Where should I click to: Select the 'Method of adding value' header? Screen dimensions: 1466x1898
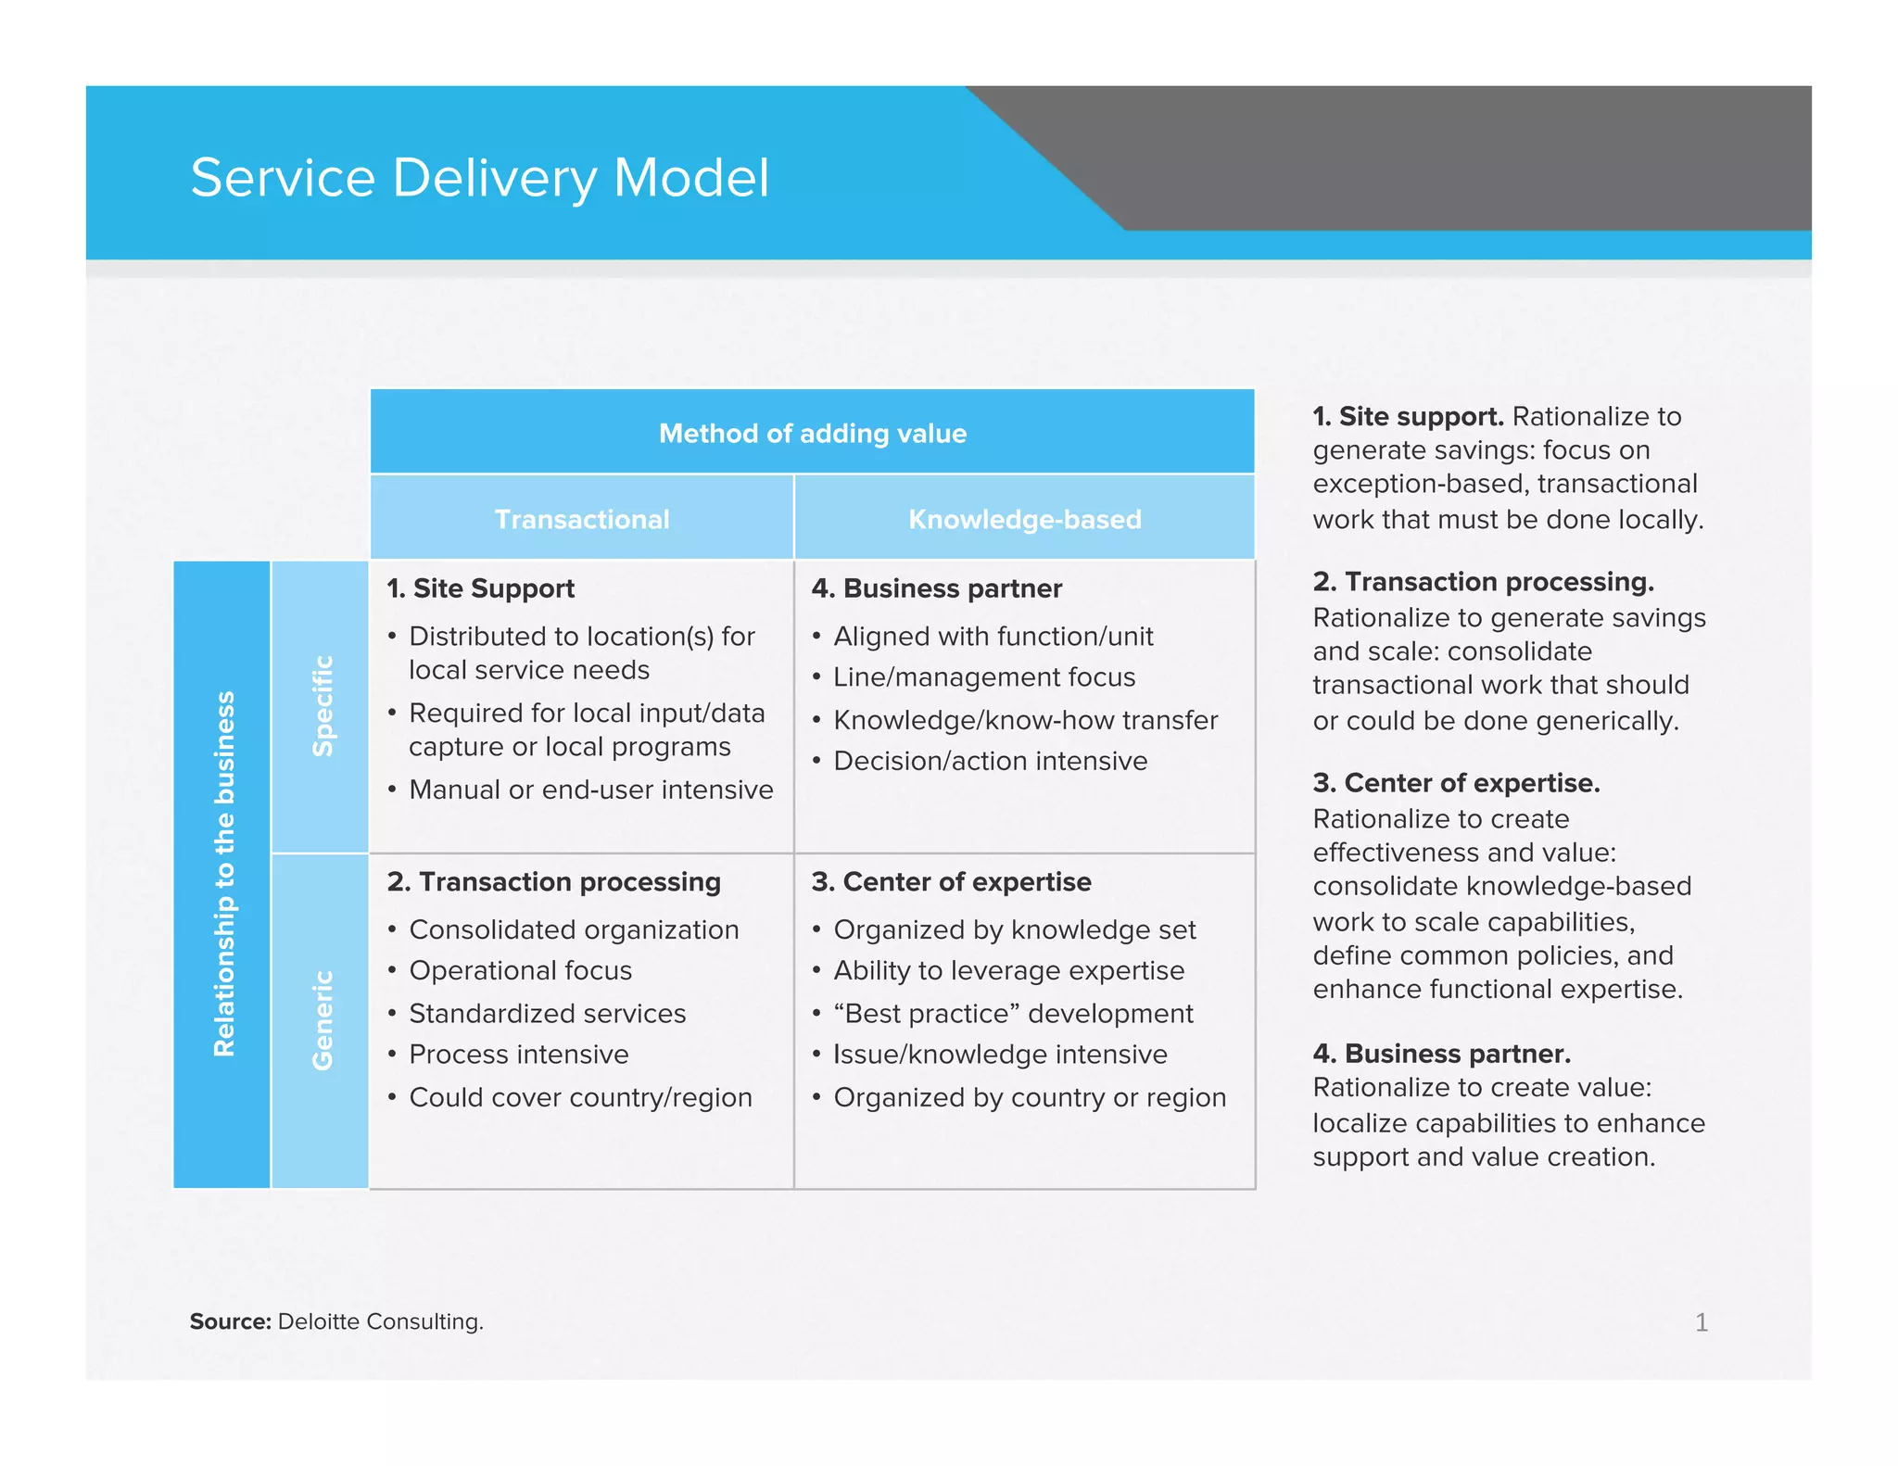click(x=812, y=433)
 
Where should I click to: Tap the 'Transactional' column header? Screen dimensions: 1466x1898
click(x=582, y=519)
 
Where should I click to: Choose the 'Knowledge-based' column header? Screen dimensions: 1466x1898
click(x=1024, y=519)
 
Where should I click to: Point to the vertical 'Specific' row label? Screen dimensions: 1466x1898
click(x=322, y=706)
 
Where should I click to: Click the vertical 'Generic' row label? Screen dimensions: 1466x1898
click(x=322, y=1020)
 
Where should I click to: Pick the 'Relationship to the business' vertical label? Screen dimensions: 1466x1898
click(x=223, y=874)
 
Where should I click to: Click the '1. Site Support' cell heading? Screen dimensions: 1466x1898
click(x=481, y=588)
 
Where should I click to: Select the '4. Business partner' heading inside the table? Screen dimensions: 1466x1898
click(x=936, y=588)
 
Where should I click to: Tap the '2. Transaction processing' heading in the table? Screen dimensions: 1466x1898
click(x=554, y=881)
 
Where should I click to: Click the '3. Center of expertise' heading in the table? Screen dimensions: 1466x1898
click(x=951, y=881)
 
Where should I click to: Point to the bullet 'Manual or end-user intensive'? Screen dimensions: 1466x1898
click(x=590, y=790)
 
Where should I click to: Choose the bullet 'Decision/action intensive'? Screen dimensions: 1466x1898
click(x=990, y=761)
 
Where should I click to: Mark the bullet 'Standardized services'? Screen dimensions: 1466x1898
click(x=547, y=1013)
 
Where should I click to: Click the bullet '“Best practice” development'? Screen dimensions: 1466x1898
click(x=1013, y=1013)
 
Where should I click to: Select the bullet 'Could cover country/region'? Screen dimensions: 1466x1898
click(x=580, y=1097)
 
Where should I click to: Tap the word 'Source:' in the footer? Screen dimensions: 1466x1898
click(x=230, y=1321)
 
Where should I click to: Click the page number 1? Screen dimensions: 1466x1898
click(x=1701, y=1322)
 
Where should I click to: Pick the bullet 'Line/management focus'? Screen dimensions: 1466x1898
click(x=983, y=677)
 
